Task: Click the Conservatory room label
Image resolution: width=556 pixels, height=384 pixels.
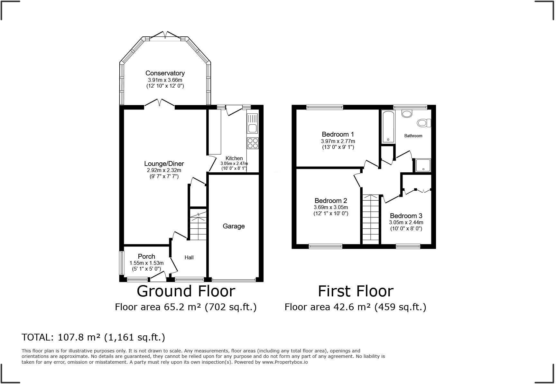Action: click(165, 73)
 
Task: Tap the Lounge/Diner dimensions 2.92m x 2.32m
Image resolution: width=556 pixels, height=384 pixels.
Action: click(164, 170)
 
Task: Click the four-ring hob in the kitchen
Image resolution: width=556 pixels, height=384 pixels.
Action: click(253, 143)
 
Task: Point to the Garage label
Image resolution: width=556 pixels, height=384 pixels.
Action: click(234, 226)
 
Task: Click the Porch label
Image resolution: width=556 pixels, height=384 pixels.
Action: click(146, 256)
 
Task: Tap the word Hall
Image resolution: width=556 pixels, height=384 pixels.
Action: click(189, 257)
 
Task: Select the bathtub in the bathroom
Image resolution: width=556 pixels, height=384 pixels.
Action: click(388, 127)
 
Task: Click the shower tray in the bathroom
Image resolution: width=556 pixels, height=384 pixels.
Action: click(422, 165)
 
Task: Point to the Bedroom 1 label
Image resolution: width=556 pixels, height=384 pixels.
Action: click(338, 134)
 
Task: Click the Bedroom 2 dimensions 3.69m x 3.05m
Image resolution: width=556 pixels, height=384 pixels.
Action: click(331, 207)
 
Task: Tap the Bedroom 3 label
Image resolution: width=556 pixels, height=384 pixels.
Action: click(406, 216)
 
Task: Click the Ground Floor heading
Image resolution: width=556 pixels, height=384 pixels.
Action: click(186, 291)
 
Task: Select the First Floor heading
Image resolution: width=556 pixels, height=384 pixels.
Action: click(356, 291)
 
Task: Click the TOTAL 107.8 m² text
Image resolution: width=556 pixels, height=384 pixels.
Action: click(93, 337)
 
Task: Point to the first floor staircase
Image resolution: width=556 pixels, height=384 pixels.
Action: click(371, 219)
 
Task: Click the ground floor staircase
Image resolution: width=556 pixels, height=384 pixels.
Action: click(198, 226)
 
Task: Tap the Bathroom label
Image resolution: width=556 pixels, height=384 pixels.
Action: click(413, 136)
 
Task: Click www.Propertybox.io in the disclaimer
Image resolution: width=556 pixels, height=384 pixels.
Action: click(285, 362)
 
